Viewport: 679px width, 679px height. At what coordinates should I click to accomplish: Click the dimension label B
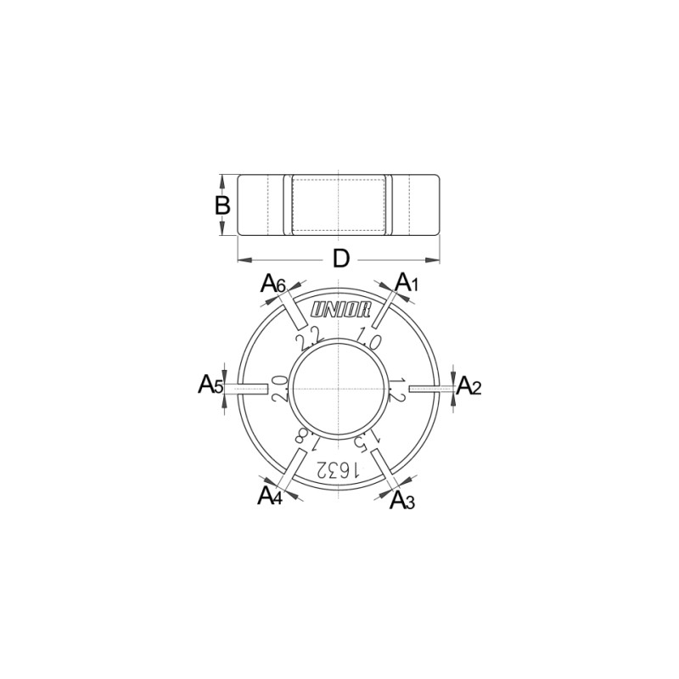[x=222, y=205]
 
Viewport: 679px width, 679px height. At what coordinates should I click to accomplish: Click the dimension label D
[x=340, y=259]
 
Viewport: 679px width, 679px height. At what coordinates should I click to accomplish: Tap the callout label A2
[x=469, y=387]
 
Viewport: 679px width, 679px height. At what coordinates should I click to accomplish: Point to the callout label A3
[x=402, y=501]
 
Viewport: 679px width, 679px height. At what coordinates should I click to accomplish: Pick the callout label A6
[x=272, y=283]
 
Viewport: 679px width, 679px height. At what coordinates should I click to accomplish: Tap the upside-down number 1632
[x=339, y=469]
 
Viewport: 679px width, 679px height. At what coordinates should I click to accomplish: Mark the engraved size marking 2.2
[x=308, y=339]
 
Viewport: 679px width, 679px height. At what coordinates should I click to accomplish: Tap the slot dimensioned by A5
[x=252, y=389]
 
